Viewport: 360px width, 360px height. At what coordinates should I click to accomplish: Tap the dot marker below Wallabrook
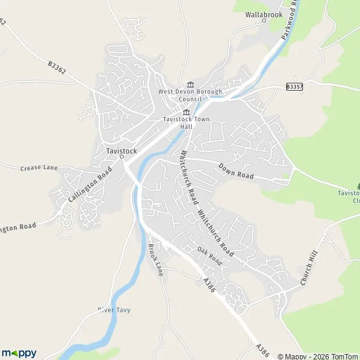click(x=263, y=20)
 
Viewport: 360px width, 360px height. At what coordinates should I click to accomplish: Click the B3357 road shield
click(x=294, y=87)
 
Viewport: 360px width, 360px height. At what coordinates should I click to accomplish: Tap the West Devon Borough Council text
click(x=190, y=95)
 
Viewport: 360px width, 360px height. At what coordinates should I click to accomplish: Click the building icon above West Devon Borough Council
click(x=190, y=84)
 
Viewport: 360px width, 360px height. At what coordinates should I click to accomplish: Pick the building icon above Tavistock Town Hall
click(x=186, y=112)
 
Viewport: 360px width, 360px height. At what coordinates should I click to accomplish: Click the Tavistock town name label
click(x=121, y=150)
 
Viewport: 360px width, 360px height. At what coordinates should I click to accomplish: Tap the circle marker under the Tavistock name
click(x=121, y=157)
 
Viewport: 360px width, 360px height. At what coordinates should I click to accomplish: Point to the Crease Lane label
click(x=38, y=167)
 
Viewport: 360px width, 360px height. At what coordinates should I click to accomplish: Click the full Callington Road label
click(x=91, y=185)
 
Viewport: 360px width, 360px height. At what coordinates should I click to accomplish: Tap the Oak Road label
click(x=210, y=256)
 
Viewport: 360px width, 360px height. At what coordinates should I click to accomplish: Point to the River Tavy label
click(x=114, y=310)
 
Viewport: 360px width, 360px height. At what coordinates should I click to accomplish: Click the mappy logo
click(x=19, y=353)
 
